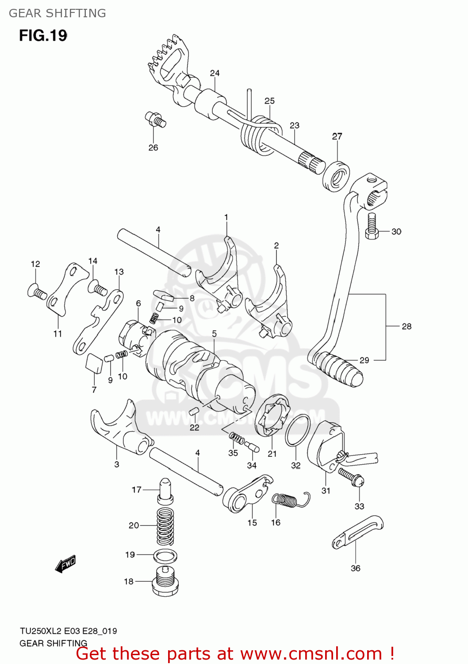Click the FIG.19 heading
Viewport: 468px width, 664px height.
point(43,35)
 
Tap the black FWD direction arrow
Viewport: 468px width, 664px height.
point(65,564)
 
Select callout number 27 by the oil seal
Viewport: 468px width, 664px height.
point(337,136)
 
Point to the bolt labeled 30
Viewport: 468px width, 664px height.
point(371,226)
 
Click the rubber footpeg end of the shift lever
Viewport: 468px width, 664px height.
point(338,368)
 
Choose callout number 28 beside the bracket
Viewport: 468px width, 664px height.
point(406,326)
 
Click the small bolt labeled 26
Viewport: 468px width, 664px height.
point(155,119)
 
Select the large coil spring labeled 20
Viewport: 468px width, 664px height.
point(165,526)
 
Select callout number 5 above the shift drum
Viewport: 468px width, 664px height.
point(214,334)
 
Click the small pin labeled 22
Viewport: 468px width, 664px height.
point(193,412)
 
